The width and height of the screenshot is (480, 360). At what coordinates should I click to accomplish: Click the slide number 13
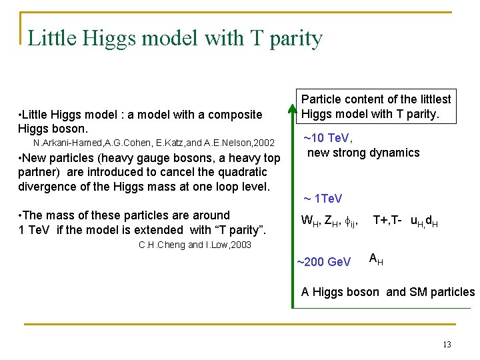pos(447,345)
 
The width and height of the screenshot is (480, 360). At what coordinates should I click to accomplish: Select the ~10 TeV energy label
pos(327,139)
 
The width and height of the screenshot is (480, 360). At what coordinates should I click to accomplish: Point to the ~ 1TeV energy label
pos(323,199)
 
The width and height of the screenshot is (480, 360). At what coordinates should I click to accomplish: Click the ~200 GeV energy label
pos(323,262)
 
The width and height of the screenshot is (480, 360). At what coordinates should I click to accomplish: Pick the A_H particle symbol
pos(375,259)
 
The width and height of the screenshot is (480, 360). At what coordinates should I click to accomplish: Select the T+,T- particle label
pos(387,220)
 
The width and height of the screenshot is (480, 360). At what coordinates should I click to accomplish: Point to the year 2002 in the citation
pos(263,143)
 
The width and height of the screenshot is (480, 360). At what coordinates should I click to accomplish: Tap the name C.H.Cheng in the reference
pos(161,245)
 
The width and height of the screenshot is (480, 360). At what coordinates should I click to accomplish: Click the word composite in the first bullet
pos(238,115)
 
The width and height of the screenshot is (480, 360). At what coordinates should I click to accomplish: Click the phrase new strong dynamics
pos(363,153)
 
